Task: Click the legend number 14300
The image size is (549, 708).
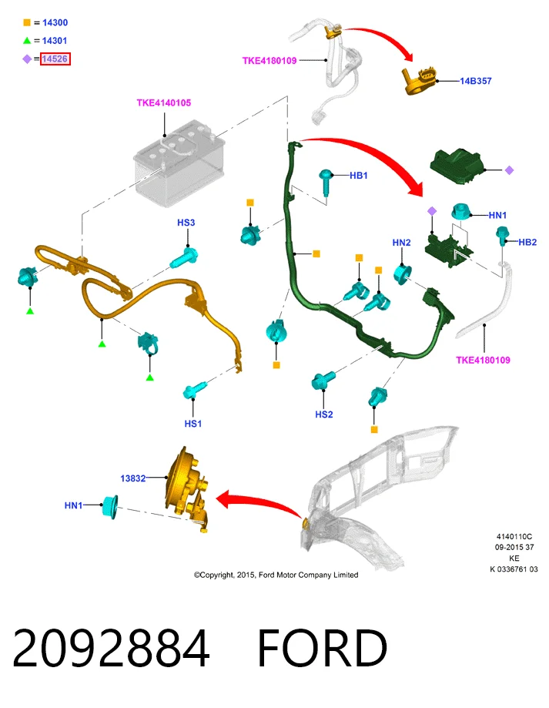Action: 55,22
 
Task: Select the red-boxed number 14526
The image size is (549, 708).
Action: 55,59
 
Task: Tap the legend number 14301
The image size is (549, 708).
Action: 55,41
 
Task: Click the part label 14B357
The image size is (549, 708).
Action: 476,81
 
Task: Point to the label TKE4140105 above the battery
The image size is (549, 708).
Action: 164,103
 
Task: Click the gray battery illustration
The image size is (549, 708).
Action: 179,163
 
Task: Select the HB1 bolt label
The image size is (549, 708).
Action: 359,175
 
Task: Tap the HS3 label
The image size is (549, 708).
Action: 186,223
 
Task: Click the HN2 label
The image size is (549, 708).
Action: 401,243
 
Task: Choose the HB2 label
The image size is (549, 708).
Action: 527,242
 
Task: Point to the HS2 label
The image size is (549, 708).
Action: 324,414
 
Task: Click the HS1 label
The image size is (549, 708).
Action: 193,424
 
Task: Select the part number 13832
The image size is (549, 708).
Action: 133,478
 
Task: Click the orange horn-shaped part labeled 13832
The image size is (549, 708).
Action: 187,490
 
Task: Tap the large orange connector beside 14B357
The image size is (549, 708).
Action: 420,80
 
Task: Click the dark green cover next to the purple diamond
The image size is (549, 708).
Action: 457,166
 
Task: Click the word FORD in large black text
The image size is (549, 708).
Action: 322,648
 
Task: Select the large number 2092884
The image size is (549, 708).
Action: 111,648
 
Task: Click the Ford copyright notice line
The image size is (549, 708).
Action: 276,575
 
